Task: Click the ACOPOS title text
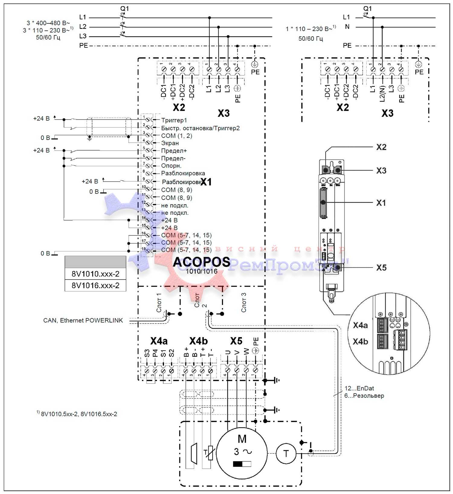coord(201,262)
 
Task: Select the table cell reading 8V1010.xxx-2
coord(95,274)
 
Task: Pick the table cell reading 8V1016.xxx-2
coord(95,285)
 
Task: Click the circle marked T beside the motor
coord(286,453)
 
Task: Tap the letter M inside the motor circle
coord(242,439)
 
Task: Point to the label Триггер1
coord(174,120)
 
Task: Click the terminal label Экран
coord(170,143)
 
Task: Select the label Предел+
coord(174,151)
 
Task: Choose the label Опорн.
coord(171,166)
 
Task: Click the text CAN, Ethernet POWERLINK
coord(83,320)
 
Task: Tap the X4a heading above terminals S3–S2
coord(159,341)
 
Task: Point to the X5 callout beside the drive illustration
coord(381,268)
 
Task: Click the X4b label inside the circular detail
coord(360,342)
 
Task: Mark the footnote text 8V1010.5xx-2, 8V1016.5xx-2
coord(79,414)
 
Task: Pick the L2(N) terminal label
coord(382,93)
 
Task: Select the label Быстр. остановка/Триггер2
coord(200,128)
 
